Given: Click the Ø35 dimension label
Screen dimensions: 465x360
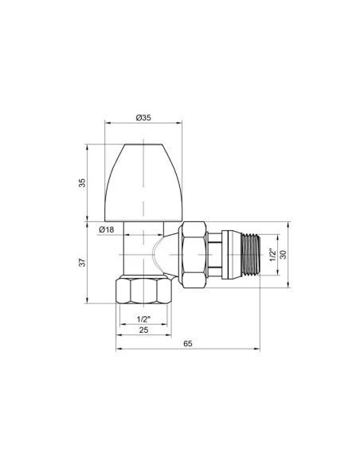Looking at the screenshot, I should [144, 117].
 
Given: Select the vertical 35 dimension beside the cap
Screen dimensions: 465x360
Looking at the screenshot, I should [81, 183].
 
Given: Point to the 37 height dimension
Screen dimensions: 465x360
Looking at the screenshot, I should [81, 263].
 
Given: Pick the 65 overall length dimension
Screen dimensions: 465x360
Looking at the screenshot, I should [187, 343].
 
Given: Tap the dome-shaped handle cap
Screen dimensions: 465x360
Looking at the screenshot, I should [143, 179].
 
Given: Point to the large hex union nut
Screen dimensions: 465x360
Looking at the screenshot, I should [194, 255].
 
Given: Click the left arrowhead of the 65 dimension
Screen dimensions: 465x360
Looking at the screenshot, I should [120, 349].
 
